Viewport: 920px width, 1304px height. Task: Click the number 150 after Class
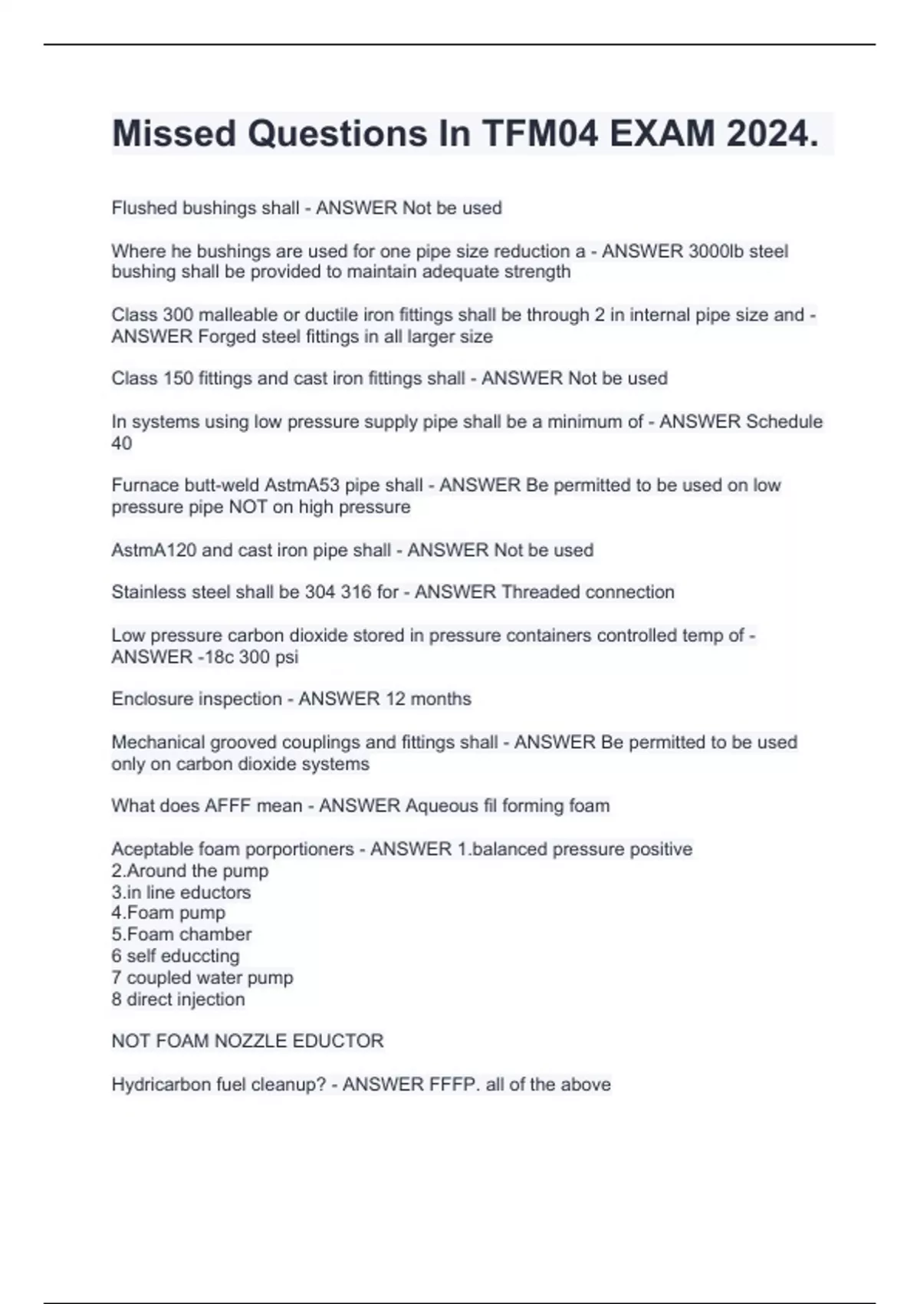click(x=178, y=378)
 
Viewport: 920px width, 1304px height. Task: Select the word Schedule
click(x=784, y=421)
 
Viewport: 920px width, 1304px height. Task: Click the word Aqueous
click(x=440, y=805)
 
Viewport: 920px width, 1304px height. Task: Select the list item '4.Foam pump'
click(x=168, y=913)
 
